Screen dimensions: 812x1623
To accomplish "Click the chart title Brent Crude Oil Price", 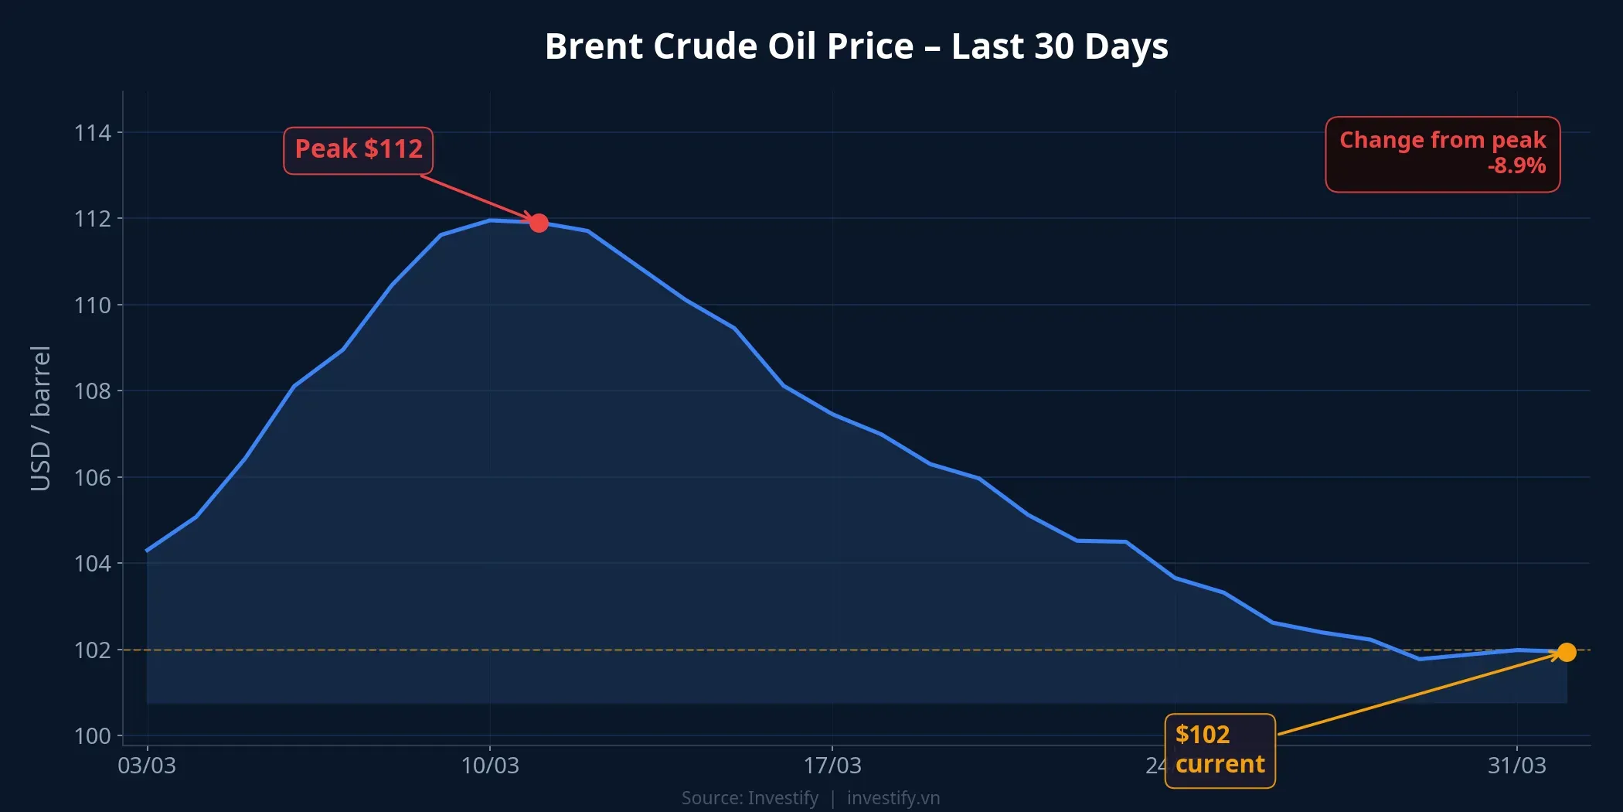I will [856, 46].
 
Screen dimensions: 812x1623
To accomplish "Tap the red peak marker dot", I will [539, 223].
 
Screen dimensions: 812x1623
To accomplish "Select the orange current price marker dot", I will [1567, 652].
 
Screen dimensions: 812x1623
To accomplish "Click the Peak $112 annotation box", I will [358, 150].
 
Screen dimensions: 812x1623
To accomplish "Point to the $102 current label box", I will [1219, 750].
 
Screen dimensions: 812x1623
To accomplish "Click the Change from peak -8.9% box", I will [1442, 154].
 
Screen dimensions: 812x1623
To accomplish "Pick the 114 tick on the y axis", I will [93, 133].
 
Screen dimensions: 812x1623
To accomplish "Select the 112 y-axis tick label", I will [93, 219].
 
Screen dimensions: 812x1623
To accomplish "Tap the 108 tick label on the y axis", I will [93, 391].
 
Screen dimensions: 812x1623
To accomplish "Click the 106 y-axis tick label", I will [93, 478].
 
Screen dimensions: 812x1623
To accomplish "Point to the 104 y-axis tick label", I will [93, 564].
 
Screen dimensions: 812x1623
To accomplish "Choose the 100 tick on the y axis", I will [93, 735].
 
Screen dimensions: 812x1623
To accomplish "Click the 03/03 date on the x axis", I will [147, 766].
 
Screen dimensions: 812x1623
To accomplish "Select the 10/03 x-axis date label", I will [490, 766].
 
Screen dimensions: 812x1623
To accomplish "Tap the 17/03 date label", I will [832, 766].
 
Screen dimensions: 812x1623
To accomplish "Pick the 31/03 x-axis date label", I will [1517, 766].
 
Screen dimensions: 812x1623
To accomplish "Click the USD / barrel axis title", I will [40, 418].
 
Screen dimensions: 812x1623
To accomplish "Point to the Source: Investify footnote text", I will [749, 798].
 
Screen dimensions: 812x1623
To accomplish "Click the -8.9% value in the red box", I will [1516, 166].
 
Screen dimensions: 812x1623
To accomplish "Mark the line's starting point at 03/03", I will [147, 551].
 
